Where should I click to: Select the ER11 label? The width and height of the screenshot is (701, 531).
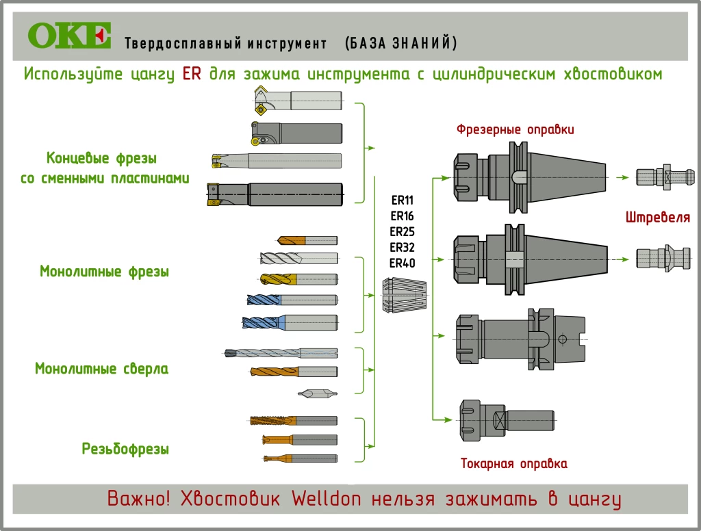click(x=403, y=201)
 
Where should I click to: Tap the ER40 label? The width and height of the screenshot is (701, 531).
click(x=403, y=263)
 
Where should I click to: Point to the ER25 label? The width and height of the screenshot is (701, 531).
click(x=403, y=232)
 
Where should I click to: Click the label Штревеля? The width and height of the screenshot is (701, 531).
click(x=657, y=218)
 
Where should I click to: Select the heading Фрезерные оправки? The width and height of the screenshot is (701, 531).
click(x=515, y=129)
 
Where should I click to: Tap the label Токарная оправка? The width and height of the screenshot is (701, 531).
click(x=514, y=464)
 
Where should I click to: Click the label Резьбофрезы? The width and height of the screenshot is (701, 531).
click(x=125, y=450)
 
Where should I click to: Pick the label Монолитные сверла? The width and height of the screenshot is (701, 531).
click(x=101, y=369)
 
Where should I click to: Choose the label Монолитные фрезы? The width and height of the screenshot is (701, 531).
click(x=104, y=271)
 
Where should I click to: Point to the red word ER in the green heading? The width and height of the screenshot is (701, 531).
click(x=192, y=74)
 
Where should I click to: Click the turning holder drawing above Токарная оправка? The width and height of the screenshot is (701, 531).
click(x=506, y=419)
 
